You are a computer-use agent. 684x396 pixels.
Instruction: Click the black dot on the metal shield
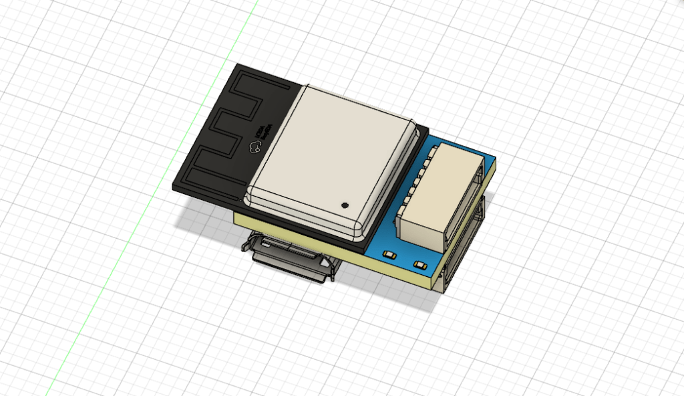pos(345,205)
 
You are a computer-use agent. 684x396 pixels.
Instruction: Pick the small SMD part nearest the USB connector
pos(389,254)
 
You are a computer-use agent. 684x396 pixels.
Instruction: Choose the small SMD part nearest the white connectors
pos(420,265)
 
